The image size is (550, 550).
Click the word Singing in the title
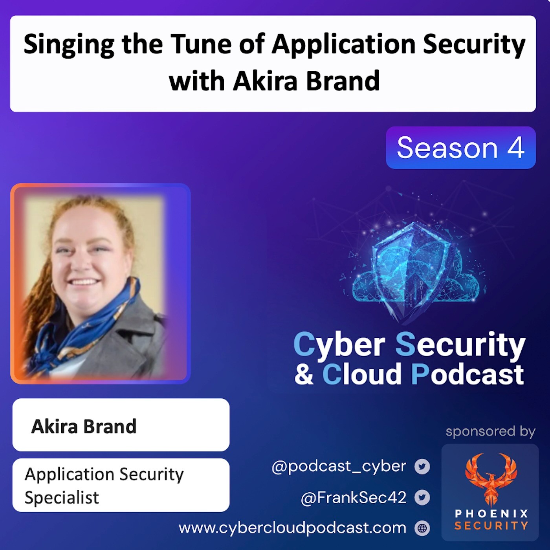(69, 46)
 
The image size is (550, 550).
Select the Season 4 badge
(460, 148)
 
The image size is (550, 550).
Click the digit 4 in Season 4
(516, 148)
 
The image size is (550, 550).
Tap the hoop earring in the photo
(54, 286)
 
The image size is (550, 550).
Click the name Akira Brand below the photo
(84, 426)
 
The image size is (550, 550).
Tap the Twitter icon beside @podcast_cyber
(422, 467)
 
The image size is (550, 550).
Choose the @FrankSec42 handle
(353, 498)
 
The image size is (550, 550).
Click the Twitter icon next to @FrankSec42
(422, 497)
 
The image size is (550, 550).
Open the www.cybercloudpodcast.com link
(292, 528)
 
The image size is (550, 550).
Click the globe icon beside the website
(422, 528)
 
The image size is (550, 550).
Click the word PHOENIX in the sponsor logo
(491, 514)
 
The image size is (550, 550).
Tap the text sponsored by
(490, 431)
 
